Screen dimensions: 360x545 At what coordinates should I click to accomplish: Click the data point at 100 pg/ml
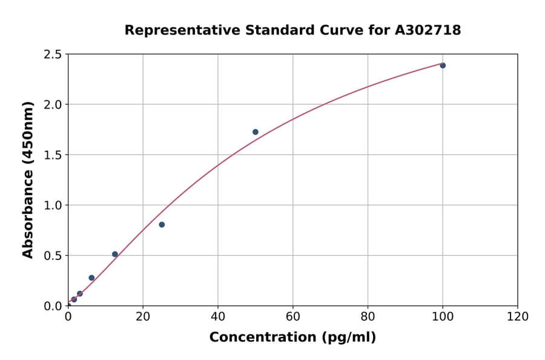coord(443,65)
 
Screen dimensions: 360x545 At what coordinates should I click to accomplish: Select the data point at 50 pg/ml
coord(256,132)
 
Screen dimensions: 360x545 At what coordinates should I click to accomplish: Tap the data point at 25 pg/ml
coord(162,225)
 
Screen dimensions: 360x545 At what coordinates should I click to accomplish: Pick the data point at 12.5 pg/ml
coord(115,255)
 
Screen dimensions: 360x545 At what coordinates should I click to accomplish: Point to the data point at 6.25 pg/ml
coord(91,278)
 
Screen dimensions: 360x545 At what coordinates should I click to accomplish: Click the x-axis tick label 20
coord(143,317)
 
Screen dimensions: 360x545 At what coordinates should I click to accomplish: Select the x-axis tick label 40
coord(218,317)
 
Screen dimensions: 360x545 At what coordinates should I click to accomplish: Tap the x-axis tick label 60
coord(293,317)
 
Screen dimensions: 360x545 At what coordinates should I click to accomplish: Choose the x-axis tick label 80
coord(368,317)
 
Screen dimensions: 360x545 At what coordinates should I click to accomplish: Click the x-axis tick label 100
coord(443,317)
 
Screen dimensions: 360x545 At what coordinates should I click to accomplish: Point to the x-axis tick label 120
coord(518,317)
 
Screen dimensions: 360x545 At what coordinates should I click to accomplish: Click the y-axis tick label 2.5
coord(53,55)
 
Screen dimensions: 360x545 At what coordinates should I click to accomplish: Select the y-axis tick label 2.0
coord(53,105)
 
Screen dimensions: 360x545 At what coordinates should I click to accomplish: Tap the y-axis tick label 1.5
coord(53,155)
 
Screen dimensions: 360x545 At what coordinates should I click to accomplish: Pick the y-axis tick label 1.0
coord(53,205)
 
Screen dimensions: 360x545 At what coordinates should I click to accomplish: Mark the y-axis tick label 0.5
coord(53,256)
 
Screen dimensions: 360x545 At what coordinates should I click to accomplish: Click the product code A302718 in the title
coord(428,30)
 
